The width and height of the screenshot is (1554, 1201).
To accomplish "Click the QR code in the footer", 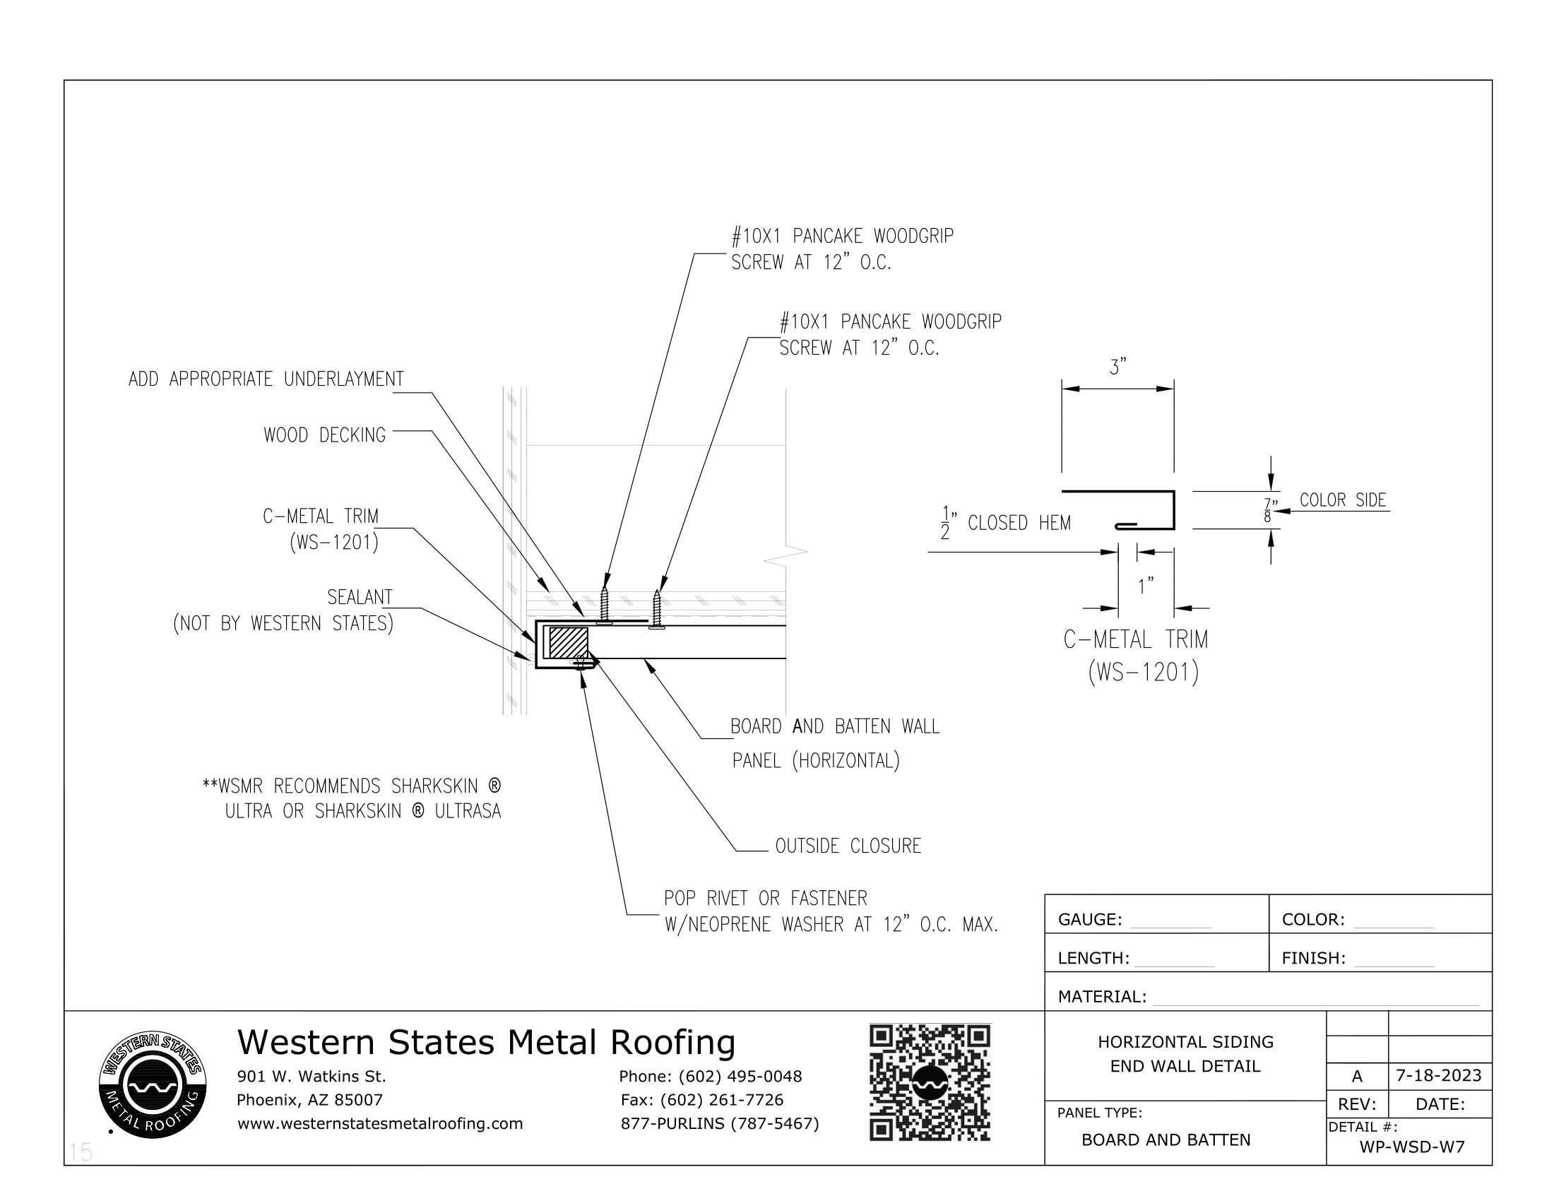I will pyautogui.click(x=930, y=1082).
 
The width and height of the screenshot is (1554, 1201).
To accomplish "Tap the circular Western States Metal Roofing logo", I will pyautogui.click(x=153, y=1084).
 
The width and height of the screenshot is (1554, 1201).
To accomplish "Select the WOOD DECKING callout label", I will pyautogui.click(x=324, y=434).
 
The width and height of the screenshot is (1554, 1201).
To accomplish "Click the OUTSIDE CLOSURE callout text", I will pyautogui.click(x=848, y=846).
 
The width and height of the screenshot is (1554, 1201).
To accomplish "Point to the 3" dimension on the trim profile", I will pyautogui.click(x=1118, y=368).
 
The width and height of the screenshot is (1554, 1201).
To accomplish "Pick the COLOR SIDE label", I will pyautogui.click(x=1343, y=500).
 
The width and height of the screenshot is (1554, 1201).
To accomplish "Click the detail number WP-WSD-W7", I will pyautogui.click(x=1412, y=1146).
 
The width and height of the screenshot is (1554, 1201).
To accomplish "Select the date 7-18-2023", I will pyautogui.click(x=1438, y=1075).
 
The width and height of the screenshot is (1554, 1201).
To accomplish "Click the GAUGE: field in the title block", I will pyautogui.click(x=1089, y=919).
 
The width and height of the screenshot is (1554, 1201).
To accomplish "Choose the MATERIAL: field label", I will pyautogui.click(x=1101, y=997).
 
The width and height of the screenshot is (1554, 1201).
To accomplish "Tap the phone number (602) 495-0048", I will pyautogui.click(x=740, y=1077).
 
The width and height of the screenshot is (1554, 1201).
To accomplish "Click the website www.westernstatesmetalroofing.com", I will pyautogui.click(x=380, y=1123).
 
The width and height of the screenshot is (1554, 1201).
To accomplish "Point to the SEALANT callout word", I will pyautogui.click(x=360, y=597).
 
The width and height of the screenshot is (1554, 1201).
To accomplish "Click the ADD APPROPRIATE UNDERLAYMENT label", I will pyautogui.click(x=266, y=379).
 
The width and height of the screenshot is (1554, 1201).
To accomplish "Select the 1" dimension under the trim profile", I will pyautogui.click(x=1146, y=586).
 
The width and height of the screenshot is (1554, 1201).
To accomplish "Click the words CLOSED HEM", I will pyautogui.click(x=1019, y=523).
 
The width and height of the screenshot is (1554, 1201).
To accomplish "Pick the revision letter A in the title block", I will pyautogui.click(x=1357, y=1077).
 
